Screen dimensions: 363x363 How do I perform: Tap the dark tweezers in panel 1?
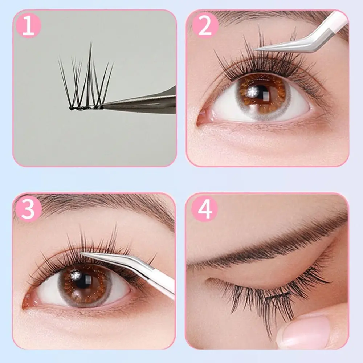point(145,103)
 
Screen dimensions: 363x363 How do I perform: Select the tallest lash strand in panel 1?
point(89,62)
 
